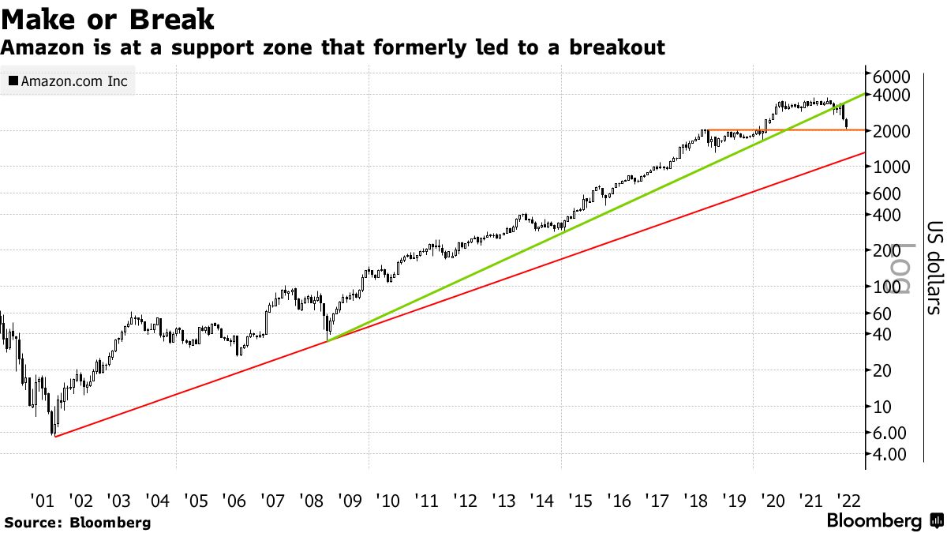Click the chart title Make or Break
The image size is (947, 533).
point(109,19)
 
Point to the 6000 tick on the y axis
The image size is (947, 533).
point(893,76)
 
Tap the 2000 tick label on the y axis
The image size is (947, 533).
point(893,131)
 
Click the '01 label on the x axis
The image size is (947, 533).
point(42,500)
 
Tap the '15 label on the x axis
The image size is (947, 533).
point(580,500)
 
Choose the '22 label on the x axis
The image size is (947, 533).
point(850,500)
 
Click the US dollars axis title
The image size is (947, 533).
point(934,267)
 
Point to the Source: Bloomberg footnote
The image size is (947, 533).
point(77,522)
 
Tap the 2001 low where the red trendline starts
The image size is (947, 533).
point(54,436)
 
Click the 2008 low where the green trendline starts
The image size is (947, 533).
point(327,340)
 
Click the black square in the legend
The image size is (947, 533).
point(13,81)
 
